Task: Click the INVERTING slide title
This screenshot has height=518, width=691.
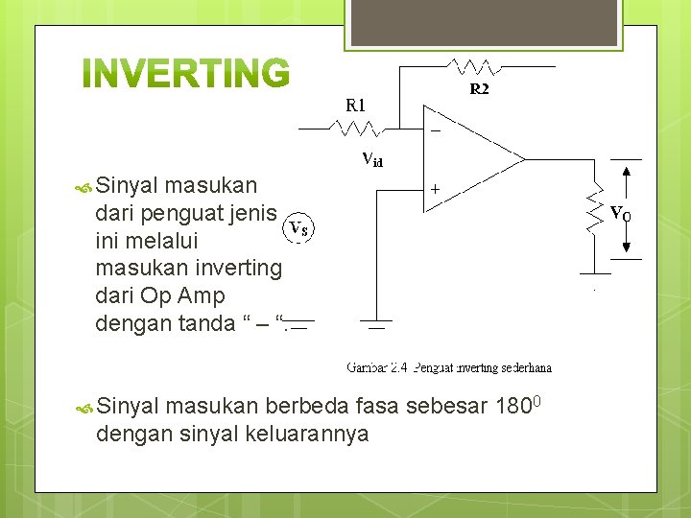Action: [185, 74]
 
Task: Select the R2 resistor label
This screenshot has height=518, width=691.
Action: [479, 89]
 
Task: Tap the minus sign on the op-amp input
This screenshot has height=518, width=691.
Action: [435, 130]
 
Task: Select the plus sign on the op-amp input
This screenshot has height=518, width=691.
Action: [435, 190]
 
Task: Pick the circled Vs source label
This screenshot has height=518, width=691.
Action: [299, 228]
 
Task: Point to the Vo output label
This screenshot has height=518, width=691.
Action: [621, 213]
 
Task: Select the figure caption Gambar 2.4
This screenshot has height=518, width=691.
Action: [448, 367]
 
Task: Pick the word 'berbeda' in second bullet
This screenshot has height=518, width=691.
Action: [307, 406]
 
